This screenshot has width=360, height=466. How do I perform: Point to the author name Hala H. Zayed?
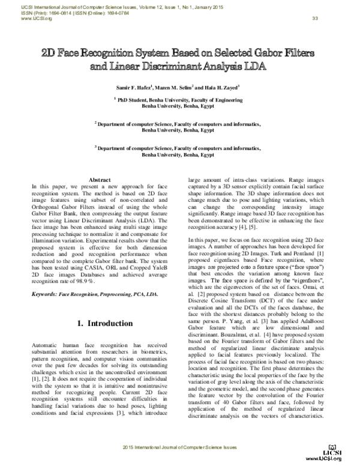click(x=224, y=88)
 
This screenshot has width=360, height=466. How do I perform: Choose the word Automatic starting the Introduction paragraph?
click(x=47, y=348)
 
